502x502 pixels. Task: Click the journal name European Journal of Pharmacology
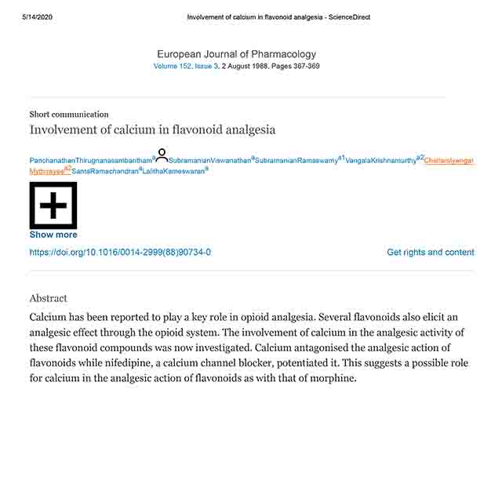236,54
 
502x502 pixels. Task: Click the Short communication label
69,115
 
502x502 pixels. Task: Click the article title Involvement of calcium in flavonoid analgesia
152,130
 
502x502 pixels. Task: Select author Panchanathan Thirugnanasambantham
90,161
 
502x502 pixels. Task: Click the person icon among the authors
162,155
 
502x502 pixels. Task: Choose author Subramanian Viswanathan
209,161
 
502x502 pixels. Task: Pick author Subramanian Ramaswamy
296,161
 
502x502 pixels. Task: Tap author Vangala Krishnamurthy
381,161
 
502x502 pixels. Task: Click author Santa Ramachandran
104,171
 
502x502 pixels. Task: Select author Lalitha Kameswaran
173,171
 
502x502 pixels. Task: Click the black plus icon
53,206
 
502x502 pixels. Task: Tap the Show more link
53,235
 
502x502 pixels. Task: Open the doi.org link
120,253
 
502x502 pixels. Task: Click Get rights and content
431,253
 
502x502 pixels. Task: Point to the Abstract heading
49,299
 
